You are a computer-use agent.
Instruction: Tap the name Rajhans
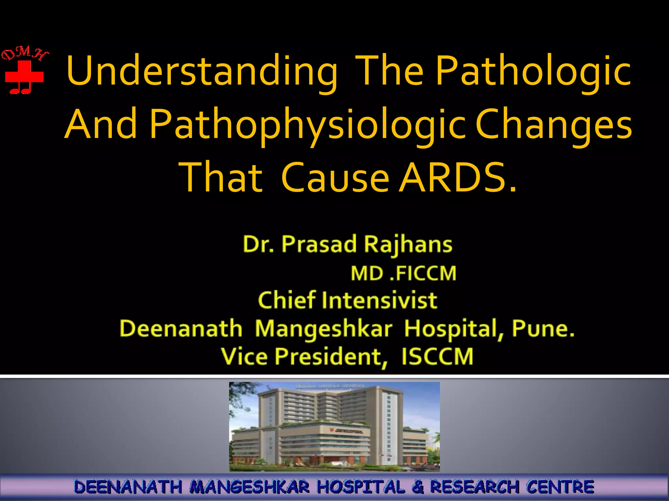click(x=408, y=244)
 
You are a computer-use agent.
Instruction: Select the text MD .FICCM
click(x=403, y=273)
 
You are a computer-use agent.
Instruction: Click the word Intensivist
click(x=379, y=300)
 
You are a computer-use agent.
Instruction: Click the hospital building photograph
click(x=334, y=426)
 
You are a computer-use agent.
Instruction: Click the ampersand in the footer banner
click(x=417, y=487)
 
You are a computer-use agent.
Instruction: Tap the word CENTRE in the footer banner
click(x=560, y=487)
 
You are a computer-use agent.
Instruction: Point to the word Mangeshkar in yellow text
click(x=323, y=328)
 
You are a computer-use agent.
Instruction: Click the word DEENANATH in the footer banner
click(x=128, y=487)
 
